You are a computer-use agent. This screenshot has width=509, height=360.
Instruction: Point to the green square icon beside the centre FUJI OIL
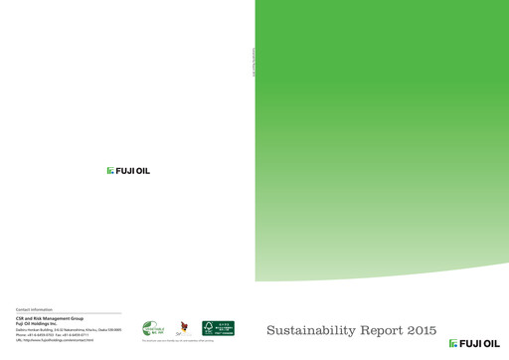[x=110, y=171]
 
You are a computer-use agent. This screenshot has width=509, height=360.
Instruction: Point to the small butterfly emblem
[x=182, y=329]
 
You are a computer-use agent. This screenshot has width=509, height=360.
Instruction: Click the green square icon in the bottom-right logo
[x=452, y=344]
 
